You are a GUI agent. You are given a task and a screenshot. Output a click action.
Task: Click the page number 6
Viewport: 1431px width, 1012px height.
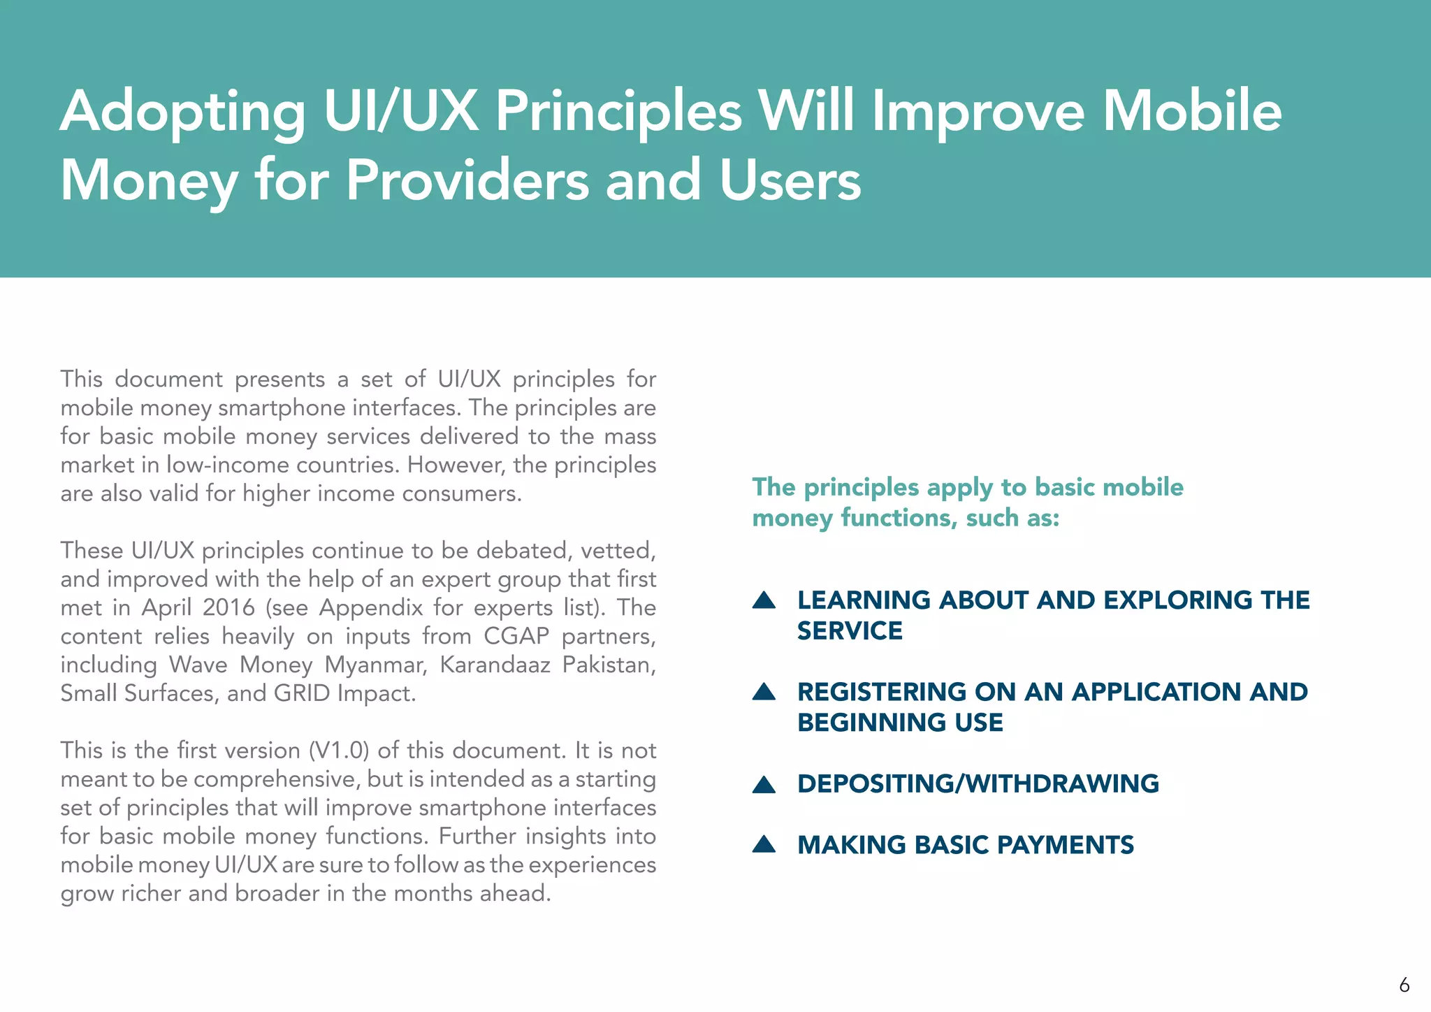1404,985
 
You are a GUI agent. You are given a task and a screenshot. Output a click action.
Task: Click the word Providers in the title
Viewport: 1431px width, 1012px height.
467,180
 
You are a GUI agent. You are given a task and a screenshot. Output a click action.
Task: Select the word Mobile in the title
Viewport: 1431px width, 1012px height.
1192,112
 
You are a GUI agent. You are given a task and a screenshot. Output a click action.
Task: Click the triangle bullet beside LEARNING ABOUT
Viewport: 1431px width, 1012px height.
764,600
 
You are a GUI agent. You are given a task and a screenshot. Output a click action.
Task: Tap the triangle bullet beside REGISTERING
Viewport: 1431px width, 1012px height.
764,692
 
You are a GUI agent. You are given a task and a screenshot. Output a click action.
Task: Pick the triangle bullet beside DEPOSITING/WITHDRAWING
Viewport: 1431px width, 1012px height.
764,785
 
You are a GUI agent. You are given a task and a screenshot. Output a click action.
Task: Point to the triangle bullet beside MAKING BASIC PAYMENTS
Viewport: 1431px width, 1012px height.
764,845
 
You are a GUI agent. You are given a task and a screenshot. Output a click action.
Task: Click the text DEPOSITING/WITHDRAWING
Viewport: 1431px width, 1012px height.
978,784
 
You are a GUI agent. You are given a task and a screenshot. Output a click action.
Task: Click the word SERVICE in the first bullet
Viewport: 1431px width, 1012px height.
850,631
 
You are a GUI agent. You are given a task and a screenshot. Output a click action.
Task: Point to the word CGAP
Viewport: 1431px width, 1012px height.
516,636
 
